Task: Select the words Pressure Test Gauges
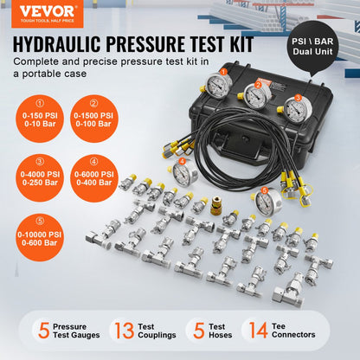coord(77,330)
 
